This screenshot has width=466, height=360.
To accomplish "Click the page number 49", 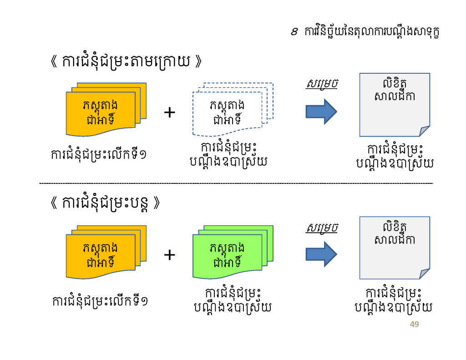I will (x=414, y=325).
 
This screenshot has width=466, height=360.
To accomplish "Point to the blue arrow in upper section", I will (x=321, y=112).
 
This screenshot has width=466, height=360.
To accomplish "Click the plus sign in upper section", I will (x=169, y=112).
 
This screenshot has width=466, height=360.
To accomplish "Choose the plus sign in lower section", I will (x=169, y=255).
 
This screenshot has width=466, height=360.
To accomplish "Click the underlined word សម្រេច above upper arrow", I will (x=322, y=84).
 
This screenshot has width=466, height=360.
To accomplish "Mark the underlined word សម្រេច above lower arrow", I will (x=322, y=228).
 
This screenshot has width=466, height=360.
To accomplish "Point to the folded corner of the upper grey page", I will (x=425, y=132).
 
